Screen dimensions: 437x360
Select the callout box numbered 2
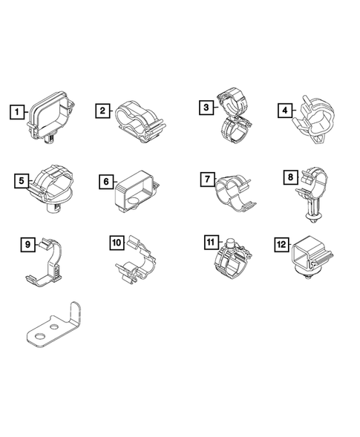103,111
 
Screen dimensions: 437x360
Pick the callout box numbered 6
105,181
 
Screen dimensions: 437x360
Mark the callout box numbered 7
207,180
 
